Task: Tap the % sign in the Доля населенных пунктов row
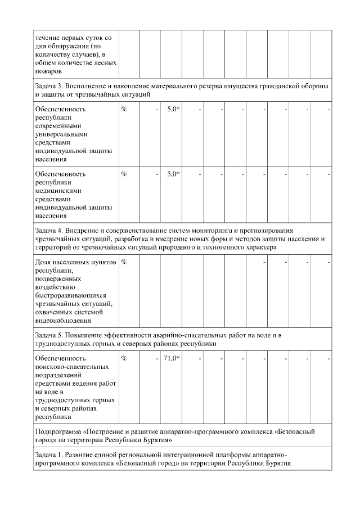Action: pos(124,262)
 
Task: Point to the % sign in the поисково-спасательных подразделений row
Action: pos(124,358)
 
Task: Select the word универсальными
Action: pos(63,134)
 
